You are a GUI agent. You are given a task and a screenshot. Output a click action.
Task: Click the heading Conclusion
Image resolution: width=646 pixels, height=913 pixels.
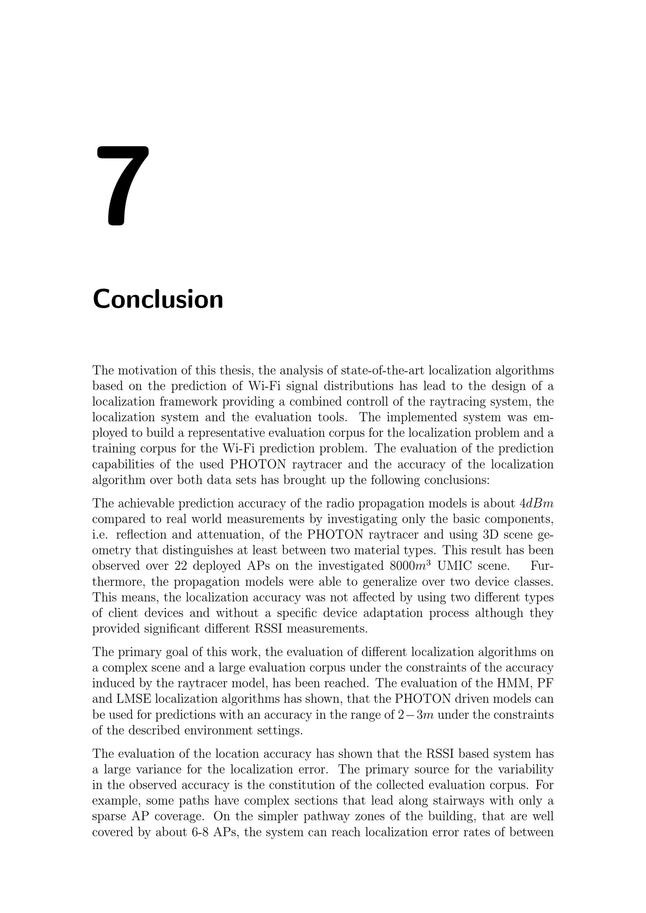click(158, 299)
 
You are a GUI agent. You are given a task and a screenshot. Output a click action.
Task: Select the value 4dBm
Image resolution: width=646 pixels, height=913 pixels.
click(537, 503)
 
